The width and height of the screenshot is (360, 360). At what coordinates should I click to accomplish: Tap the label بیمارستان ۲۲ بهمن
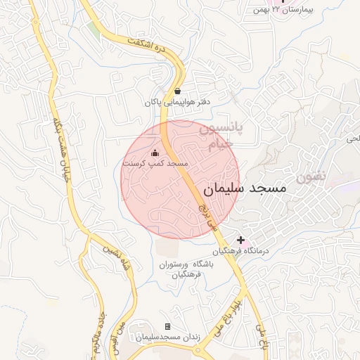[314, 10]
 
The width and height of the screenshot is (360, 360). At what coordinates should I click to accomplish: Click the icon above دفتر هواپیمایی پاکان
[176, 91]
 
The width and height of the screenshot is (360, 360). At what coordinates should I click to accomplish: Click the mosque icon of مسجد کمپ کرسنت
[155, 153]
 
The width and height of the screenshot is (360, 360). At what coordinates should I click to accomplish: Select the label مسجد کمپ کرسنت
[155, 163]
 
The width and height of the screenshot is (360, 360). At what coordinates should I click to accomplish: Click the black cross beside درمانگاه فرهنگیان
[240, 240]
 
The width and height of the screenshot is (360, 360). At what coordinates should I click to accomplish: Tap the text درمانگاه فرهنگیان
[241, 251]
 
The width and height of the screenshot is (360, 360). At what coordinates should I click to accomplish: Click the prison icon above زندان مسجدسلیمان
[167, 327]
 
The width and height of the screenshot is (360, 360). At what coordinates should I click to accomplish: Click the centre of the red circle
[181, 180]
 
